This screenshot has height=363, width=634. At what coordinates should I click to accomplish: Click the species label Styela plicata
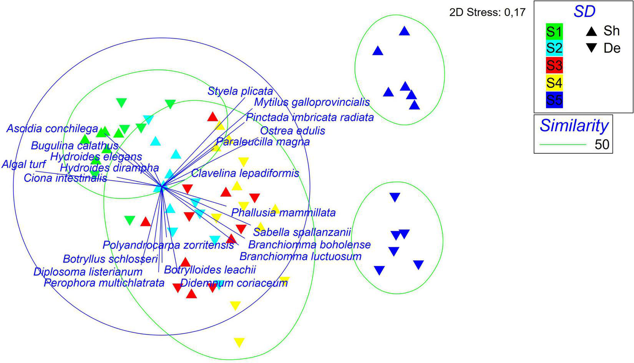click(240, 92)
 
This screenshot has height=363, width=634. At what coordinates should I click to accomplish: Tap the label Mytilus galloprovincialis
click(312, 102)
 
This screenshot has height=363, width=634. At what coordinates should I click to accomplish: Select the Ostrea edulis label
click(292, 131)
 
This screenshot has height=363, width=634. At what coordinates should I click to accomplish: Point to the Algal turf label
click(24, 165)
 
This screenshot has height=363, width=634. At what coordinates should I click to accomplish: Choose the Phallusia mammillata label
click(283, 213)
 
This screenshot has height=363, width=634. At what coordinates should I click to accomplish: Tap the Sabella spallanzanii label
click(302, 232)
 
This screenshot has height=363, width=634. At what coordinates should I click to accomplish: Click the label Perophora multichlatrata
click(104, 283)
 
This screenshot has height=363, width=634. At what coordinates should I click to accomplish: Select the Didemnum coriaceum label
click(234, 283)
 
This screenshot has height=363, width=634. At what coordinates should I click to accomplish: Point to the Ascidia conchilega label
click(52, 128)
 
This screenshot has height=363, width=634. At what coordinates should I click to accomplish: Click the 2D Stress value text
click(487, 13)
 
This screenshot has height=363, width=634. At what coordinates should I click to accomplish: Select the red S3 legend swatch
click(554, 65)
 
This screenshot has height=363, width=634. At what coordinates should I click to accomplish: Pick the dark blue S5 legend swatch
click(554, 100)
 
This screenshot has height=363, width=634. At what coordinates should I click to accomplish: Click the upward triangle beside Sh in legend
click(592, 31)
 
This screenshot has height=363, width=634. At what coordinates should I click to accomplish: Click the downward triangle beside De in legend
click(592, 48)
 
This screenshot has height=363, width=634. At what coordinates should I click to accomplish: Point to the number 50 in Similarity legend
click(602, 145)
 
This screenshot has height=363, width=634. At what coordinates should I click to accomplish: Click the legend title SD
click(584, 12)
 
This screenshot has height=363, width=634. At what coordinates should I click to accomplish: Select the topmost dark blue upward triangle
click(404, 31)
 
